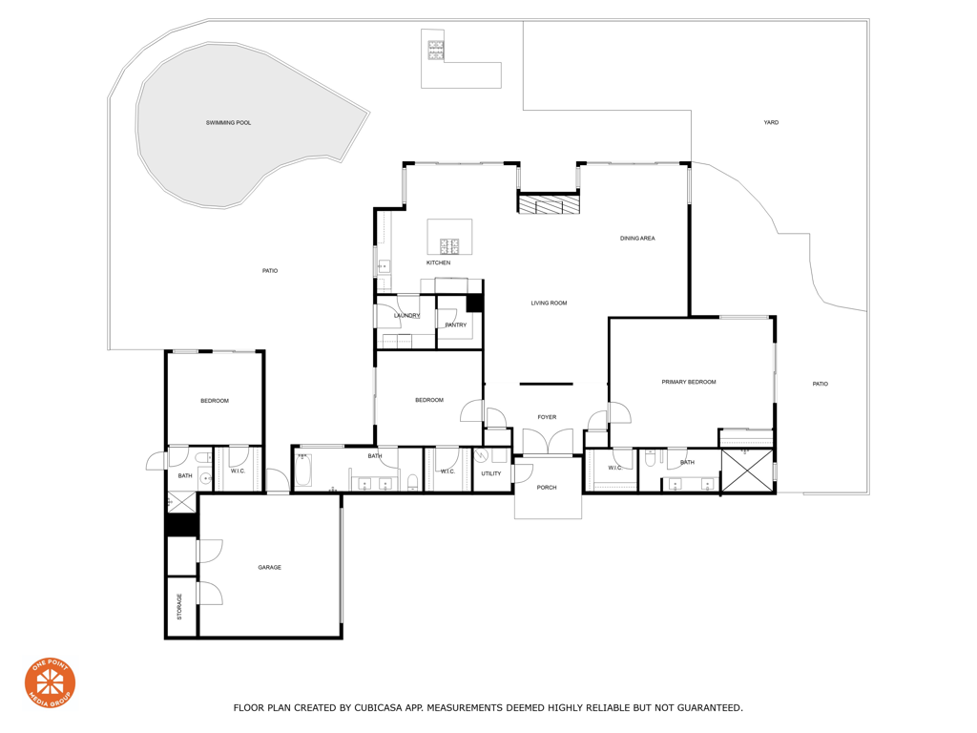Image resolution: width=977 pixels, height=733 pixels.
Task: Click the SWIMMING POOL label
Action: [x=228, y=123]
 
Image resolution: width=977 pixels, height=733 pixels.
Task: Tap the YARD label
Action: [x=771, y=123]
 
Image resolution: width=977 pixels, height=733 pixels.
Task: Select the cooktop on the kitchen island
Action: [x=449, y=246]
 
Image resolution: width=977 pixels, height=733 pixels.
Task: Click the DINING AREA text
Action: [x=637, y=239]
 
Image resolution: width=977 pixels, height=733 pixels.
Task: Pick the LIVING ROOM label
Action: [x=549, y=304]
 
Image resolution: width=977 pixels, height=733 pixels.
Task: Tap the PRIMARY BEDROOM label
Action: [x=688, y=382]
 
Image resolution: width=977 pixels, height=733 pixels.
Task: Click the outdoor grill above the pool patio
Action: [x=435, y=51]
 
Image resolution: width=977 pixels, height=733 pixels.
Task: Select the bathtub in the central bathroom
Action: [x=303, y=471]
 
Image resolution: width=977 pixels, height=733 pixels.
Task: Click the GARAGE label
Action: [x=269, y=568]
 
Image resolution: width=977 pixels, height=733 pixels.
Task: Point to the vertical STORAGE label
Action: [x=179, y=607]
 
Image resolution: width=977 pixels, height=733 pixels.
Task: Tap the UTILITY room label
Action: [x=490, y=473]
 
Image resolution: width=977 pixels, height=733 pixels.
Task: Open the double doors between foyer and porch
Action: [x=548, y=443]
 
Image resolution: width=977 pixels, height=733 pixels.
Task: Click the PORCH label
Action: [x=547, y=488]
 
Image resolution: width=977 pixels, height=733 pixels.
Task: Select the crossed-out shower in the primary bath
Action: [x=747, y=471]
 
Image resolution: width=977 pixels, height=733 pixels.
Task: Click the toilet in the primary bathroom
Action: [x=649, y=460]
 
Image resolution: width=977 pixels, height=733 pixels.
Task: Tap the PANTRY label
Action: [x=456, y=325]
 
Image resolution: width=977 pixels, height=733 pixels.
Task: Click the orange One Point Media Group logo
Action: [x=50, y=682]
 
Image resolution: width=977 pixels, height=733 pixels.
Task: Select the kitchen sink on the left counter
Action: [x=383, y=267]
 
